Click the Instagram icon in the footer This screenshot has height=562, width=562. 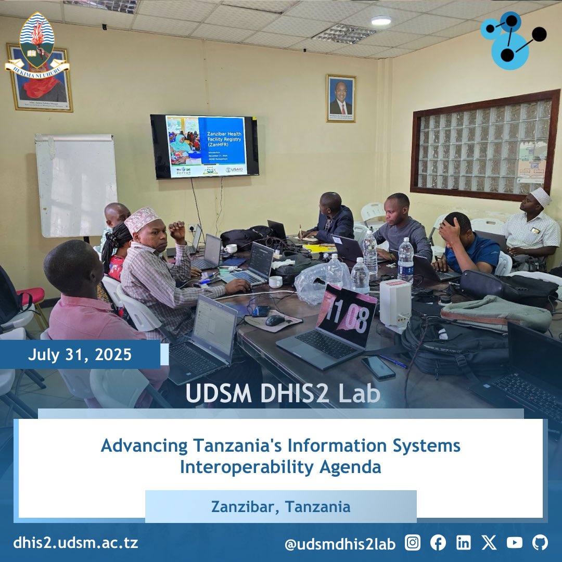(x=413, y=543)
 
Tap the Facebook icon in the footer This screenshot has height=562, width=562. (x=438, y=543)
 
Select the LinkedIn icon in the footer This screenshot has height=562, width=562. (x=463, y=543)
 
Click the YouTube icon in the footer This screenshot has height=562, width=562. (x=514, y=543)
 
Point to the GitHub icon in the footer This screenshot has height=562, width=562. (x=540, y=543)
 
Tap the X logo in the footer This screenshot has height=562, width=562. (x=489, y=543)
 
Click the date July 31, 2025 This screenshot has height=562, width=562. (x=80, y=355)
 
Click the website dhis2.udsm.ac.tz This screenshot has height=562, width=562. (x=76, y=543)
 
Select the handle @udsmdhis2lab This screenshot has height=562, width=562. (x=340, y=544)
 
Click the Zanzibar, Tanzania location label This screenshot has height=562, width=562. (x=280, y=506)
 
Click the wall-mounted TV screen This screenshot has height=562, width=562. (x=205, y=147)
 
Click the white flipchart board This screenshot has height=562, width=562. (x=76, y=185)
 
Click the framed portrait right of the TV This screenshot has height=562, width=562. (x=341, y=98)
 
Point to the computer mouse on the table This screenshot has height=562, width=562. (x=275, y=321)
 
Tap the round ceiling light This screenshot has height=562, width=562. (x=381, y=20)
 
